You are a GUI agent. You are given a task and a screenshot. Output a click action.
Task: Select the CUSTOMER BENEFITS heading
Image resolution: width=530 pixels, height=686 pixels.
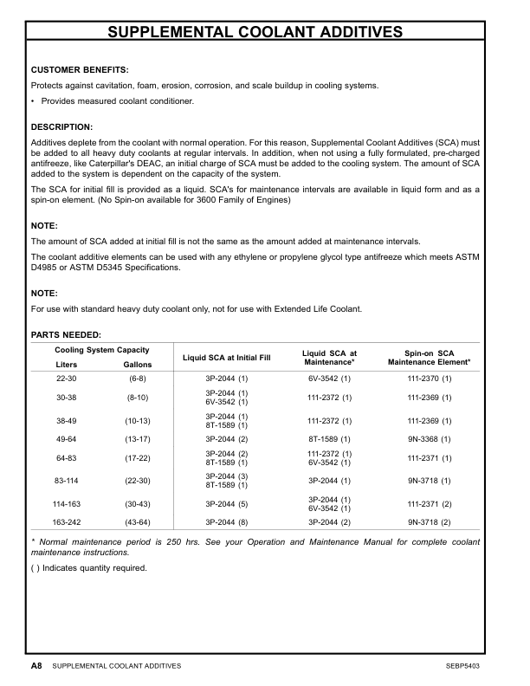(x=80, y=69)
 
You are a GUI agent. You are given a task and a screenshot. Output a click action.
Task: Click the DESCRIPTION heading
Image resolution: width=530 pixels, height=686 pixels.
(x=61, y=126)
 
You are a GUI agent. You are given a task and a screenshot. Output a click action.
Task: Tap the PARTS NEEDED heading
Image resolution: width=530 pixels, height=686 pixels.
(x=66, y=334)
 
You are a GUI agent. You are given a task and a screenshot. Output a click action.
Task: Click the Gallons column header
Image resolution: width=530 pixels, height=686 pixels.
(x=138, y=365)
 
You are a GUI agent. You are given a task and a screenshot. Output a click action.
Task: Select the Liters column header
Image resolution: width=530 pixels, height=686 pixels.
(x=67, y=365)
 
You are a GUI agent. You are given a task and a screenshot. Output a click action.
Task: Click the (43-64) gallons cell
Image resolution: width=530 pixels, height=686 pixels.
(x=138, y=523)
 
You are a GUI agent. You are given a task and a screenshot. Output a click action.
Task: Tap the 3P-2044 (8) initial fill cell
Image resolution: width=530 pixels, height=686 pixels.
(x=226, y=523)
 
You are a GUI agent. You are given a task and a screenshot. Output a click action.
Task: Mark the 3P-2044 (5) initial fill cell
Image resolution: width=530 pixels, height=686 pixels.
(x=226, y=503)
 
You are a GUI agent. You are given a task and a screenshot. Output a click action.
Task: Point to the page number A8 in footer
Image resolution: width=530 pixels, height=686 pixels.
(x=36, y=666)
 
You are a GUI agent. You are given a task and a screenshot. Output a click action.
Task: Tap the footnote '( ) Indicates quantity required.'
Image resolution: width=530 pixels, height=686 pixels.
(x=89, y=569)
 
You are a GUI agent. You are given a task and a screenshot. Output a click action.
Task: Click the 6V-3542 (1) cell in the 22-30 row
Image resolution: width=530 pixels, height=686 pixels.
(x=329, y=379)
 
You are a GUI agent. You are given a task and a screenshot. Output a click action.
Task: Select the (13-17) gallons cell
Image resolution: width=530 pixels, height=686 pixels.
(x=138, y=439)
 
